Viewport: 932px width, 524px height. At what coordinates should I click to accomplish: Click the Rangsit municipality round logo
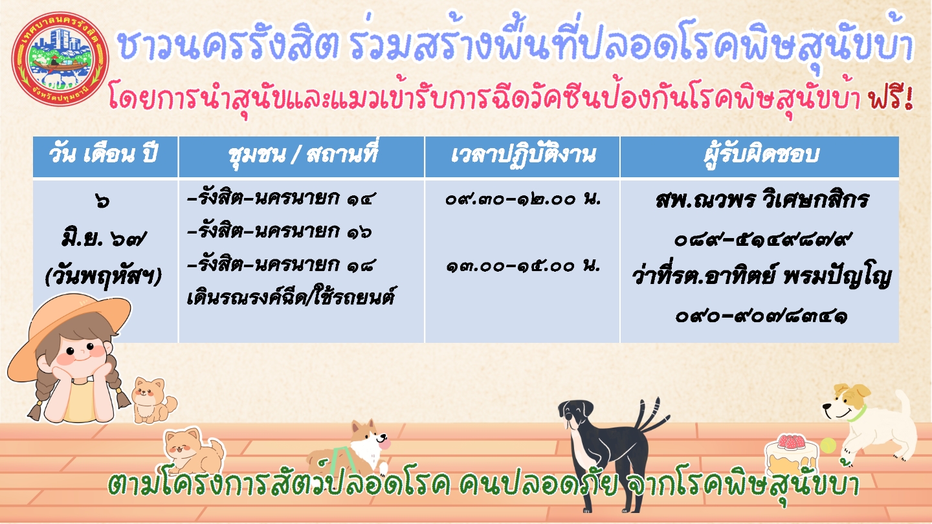[60, 58]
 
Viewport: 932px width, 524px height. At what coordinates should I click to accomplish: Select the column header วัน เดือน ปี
[103, 155]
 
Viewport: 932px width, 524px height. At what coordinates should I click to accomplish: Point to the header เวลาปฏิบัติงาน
[523, 155]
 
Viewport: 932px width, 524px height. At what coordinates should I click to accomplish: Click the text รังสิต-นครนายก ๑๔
[280, 199]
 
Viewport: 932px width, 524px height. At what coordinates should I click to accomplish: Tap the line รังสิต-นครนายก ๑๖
[280, 231]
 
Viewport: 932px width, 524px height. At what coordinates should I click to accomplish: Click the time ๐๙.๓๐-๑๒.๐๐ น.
[522, 199]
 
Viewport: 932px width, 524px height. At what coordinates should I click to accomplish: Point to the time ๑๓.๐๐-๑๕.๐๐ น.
[523, 265]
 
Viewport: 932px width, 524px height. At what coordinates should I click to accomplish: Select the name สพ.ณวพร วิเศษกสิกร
[762, 200]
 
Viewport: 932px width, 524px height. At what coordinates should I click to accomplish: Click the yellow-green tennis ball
[828, 446]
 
